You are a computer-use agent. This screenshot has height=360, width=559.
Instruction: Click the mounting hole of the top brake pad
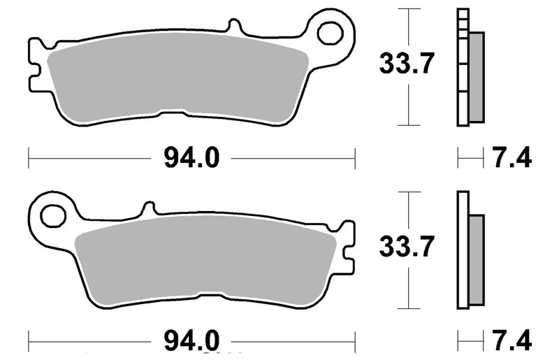331,34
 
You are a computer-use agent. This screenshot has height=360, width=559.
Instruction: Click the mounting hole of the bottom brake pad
53,217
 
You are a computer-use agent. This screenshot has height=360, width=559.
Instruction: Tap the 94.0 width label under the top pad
191,158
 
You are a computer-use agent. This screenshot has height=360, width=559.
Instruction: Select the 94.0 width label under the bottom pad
191,341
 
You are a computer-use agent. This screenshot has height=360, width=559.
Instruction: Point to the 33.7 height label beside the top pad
407,64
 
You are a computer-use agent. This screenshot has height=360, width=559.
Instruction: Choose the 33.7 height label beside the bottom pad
407,247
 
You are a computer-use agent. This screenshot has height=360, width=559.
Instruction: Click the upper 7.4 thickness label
512,158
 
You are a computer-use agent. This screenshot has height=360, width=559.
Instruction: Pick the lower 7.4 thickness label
512,340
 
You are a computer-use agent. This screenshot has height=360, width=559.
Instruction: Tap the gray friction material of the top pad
177,78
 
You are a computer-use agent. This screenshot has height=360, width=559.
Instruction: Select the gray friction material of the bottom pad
205,261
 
